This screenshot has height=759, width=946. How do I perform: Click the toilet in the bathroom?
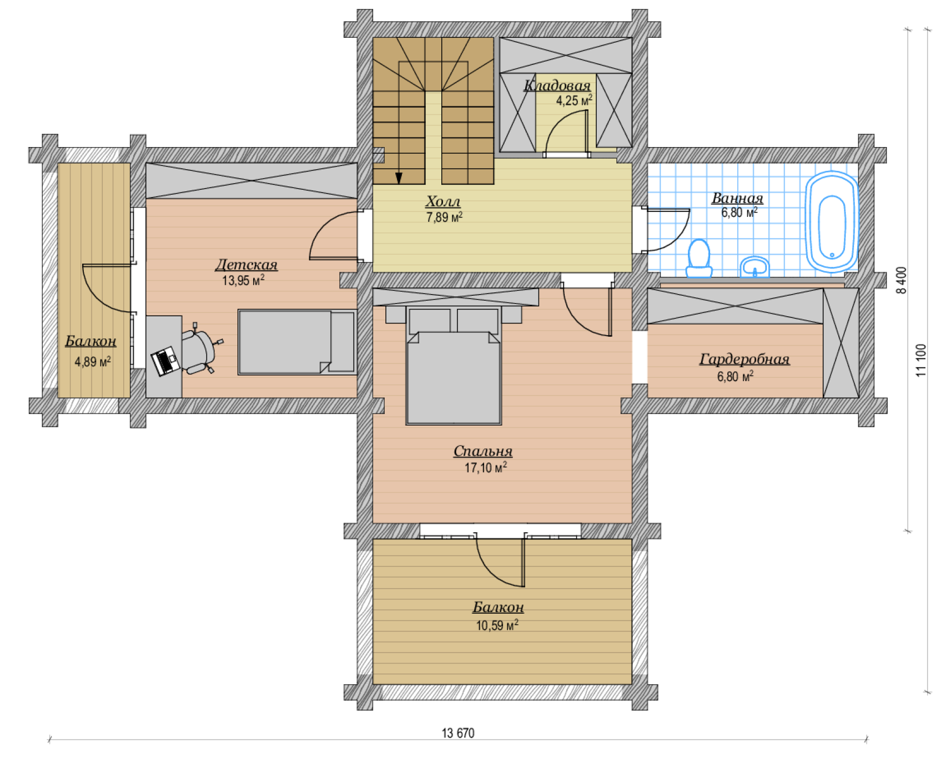click(x=699, y=259)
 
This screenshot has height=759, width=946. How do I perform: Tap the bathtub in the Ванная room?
click(x=832, y=222)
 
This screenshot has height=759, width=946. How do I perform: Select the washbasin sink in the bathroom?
click(x=754, y=267)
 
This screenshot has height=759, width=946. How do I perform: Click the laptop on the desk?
click(x=165, y=361)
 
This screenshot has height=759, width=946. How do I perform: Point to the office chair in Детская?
click(x=199, y=349)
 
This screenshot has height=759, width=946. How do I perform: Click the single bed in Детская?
click(x=297, y=342)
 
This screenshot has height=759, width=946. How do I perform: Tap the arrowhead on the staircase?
click(x=399, y=178)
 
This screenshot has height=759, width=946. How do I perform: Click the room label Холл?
click(x=443, y=201)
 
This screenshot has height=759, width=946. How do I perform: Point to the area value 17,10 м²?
click(x=486, y=468)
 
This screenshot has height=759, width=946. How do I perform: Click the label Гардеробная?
click(x=744, y=360)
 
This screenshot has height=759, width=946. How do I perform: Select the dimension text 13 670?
click(x=458, y=733)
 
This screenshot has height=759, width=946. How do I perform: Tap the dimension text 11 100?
click(x=922, y=360)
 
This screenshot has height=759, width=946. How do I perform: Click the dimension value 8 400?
click(x=902, y=280)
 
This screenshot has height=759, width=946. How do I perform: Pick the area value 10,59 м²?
click(x=497, y=625)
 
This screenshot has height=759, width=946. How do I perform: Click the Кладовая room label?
click(x=557, y=85)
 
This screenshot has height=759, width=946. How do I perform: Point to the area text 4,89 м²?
click(x=93, y=362)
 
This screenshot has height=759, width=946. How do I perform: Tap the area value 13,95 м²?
click(x=243, y=280)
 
